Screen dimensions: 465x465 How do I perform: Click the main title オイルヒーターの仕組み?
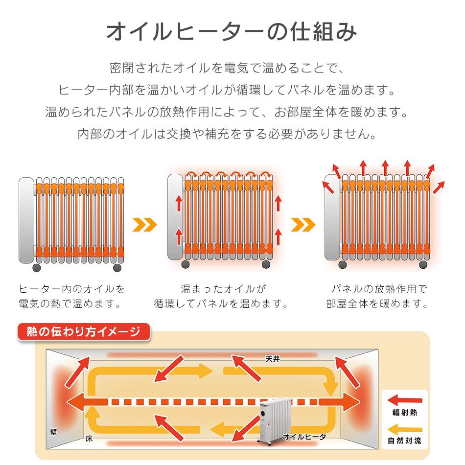click(232, 32)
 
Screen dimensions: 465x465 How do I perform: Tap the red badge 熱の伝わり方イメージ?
click(84, 331)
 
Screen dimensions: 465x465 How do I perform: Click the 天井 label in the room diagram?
click(273, 359)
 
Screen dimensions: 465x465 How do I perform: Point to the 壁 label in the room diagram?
click(53, 432)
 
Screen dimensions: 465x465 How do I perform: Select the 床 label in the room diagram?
click(89, 439)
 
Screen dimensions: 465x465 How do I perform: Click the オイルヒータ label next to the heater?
click(304, 437)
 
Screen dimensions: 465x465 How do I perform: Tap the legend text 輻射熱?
click(404, 412)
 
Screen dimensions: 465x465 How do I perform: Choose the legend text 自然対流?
click(404, 441)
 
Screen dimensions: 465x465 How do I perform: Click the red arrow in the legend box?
click(405, 400)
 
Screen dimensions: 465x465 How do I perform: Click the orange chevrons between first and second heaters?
click(144, 225)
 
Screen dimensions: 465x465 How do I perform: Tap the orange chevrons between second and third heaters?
click(303, 225)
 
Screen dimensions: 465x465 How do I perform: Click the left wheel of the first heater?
click(37, 268)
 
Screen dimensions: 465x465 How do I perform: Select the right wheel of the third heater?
click(423, 264)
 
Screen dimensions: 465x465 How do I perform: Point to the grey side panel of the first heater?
click(26, 220)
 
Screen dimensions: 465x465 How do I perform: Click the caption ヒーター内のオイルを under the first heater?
click(71, 289)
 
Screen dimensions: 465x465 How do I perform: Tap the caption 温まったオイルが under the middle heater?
click(223, 289)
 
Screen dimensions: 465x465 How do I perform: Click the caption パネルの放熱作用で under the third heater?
click(379, 289)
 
